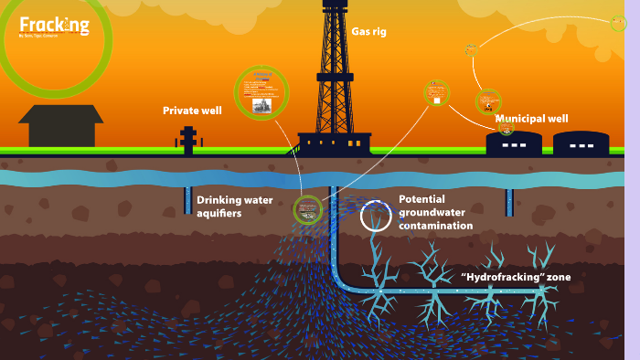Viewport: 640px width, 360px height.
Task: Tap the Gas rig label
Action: click(x=368, y=32)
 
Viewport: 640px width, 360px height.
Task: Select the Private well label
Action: click(x=192, y=111)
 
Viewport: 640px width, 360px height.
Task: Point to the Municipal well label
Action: click(x=531, y=119)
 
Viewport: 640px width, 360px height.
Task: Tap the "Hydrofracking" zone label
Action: click(x=517, y=277)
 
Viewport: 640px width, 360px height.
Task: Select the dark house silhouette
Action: click(x=60, y=126)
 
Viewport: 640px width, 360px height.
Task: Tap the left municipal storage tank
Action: click(x=513, y=143)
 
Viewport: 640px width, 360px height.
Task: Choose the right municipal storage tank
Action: click(x=581, y=143)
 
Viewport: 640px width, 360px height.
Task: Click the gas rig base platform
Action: click(x=335, y=143)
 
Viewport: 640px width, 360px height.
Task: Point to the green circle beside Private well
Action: click(x=261, y=92)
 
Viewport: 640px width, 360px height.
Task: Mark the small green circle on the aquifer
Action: click(x=308, y=210)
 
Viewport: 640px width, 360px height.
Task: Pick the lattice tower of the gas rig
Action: click(x=335, y=73)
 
